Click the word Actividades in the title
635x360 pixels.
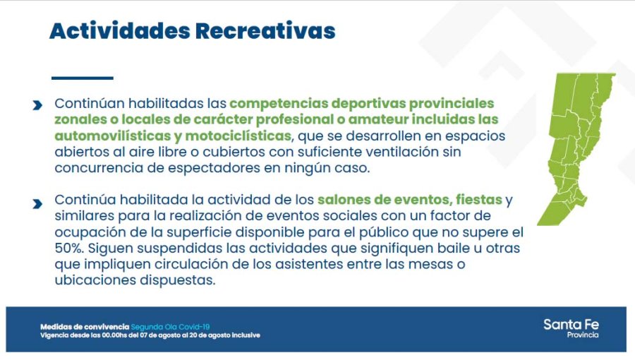120,30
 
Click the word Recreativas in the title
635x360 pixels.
265,30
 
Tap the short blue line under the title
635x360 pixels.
83,78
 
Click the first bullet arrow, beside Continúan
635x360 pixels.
37,105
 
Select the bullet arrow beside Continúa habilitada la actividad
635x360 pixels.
37,203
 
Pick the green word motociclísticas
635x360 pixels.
238,136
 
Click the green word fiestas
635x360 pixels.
478,200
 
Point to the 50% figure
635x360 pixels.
69,248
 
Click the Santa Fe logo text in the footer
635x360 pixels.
571,325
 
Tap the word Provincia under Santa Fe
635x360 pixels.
582,335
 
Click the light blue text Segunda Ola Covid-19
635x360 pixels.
170,327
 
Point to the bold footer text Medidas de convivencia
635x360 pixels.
85,327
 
